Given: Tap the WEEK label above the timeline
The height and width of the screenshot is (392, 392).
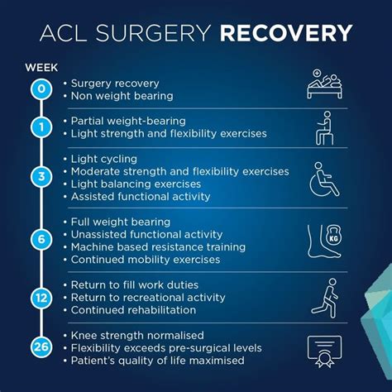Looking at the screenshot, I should pyautogui.click(x=41, y=66).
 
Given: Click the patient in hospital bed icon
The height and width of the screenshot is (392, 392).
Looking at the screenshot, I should pyautogui.click(x=325, y=84).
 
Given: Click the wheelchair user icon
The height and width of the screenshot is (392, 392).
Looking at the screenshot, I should pyautogui.click(x=325, y=179).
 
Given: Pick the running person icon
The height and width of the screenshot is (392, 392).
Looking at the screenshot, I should pyautogui.click(x=325, y=298).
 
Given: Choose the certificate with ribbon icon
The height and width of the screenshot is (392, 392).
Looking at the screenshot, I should pyautogui.click(x=326, y=350).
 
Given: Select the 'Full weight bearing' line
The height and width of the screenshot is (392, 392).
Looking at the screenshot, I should pyautogui.click(x=120, y=222).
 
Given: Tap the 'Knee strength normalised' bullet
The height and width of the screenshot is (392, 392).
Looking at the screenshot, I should pyautogui.click(x=137, y=335).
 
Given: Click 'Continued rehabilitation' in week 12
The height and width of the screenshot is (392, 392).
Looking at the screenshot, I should pyautogui.click(x=133, y=310).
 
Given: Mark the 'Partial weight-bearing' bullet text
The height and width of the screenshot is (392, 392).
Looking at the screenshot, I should pyautogui.click(x=127, y=121).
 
